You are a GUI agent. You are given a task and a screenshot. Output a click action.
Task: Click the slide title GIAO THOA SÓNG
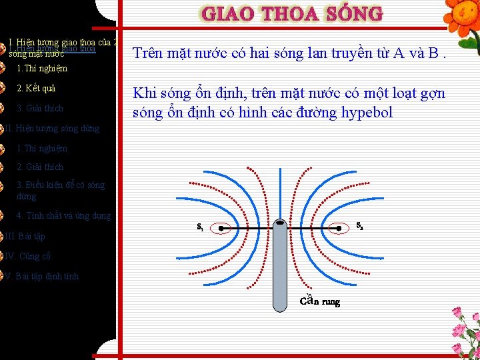[x=292, y=14]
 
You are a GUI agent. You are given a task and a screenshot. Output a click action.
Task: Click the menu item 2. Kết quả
[x=36, y=89]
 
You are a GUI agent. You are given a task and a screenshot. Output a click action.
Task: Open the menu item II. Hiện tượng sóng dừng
[x=53, y=129]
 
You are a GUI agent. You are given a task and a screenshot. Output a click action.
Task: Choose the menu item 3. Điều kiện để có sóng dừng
[x=60, y=191]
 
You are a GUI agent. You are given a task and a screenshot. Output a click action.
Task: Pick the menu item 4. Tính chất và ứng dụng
[x=63, y=216]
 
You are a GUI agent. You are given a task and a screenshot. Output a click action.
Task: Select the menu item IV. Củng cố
[x=28, y=257]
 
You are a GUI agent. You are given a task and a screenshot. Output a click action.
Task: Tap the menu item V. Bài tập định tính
[x=42, y=277]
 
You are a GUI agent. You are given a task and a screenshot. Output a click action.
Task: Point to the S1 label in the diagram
[x=200, y=227]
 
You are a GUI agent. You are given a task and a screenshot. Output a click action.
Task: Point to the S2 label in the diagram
[x=359, y=225]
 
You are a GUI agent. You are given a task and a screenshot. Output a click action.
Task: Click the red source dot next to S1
[x=221, y=227]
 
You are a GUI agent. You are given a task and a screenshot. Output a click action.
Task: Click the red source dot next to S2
[x=339, y=227]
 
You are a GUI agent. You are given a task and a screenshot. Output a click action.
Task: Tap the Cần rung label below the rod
[x=319, y=301]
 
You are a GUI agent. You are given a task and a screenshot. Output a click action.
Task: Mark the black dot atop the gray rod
[x=281, y=223]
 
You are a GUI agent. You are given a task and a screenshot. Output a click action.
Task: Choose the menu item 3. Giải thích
[x=40, y=109]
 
